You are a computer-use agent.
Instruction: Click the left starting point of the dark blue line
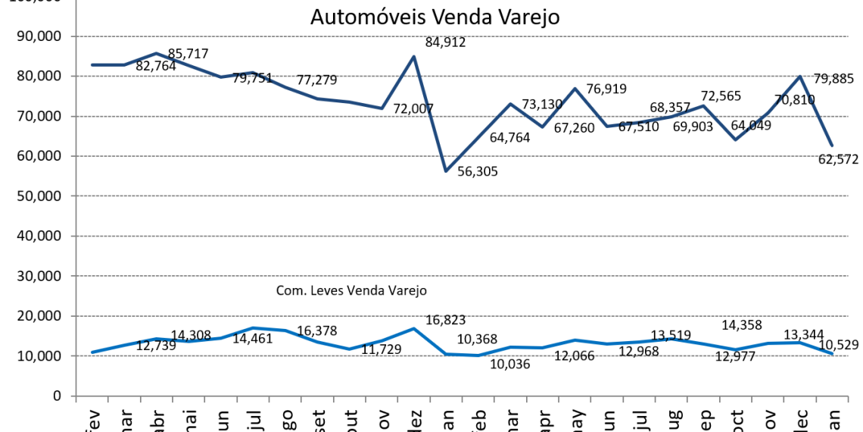pos(92,64)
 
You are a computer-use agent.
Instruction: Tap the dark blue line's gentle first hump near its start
pos(156,53)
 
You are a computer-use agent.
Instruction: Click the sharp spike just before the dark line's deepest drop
pos(413,56)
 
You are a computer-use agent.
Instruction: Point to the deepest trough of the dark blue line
pos(446,171)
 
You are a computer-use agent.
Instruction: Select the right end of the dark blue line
pos(832,146)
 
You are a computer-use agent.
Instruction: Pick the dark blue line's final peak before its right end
pos(799,76)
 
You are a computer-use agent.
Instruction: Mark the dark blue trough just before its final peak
pos(735,139)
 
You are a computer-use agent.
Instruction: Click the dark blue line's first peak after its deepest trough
pos(510,103)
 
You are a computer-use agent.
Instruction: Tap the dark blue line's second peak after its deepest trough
pos(575,88)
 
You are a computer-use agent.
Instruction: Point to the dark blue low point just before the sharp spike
pos(382,108)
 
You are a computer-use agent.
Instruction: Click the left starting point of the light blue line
pos(92,352)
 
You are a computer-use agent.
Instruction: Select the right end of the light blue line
pos(832,353)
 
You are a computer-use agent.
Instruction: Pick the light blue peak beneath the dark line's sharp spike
pos(413,328)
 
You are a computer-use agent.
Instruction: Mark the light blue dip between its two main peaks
pos(350,349)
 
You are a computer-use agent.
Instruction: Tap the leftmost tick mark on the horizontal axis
pos(76,399)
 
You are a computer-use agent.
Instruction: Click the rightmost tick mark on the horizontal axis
pos(848,399)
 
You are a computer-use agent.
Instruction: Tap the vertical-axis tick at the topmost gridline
pos(73,36)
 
